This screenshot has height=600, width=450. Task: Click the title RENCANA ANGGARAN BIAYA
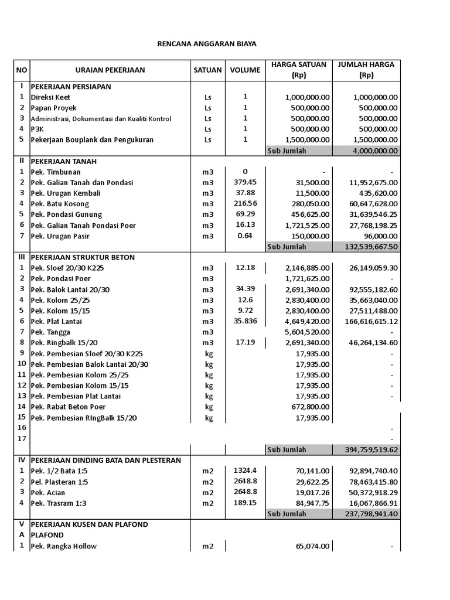coord(207,44)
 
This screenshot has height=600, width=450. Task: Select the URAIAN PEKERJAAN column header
coord(110,70)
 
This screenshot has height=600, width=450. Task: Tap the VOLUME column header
coord(245,70)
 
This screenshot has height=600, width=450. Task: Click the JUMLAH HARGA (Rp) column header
coord(366,70)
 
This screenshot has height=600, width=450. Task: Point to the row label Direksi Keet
coord(50,97)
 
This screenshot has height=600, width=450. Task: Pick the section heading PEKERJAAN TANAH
coord(64,161)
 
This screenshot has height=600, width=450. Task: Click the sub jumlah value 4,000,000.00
coord(376,151)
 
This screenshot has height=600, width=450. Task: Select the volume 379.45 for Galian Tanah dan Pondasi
coord(245,182)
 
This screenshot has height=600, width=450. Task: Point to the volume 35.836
coord(245,321)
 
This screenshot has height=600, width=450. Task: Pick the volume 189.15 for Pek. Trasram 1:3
coord(245,503)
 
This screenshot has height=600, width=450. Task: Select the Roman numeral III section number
coord(22,257)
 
